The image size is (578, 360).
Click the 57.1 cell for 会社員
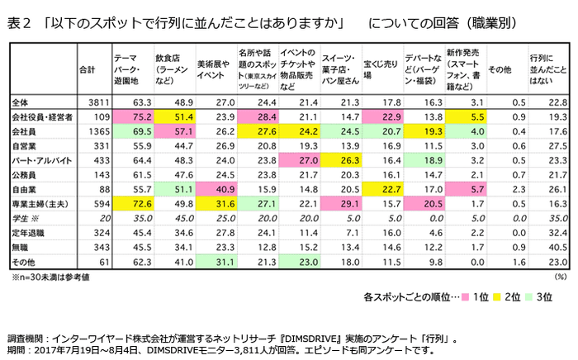pyautogui.click(x=173, y=132)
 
